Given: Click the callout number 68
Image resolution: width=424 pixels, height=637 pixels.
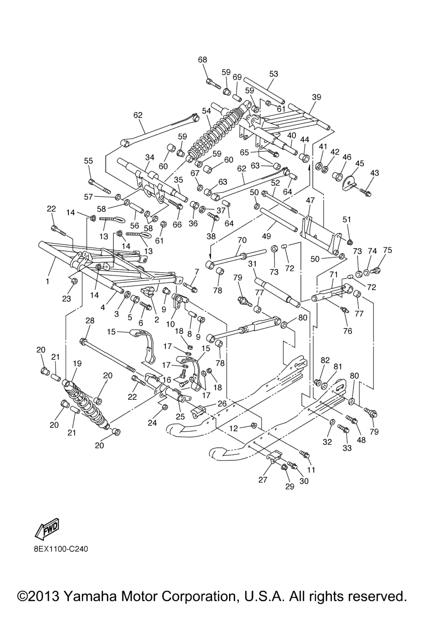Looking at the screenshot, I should (x=202, y=60).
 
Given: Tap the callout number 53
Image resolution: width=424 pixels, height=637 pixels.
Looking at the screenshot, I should (x=274, y=74).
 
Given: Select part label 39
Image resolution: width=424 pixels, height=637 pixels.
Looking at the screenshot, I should (x=316, y=97).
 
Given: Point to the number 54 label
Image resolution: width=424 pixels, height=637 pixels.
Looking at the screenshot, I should (x=207, y=111).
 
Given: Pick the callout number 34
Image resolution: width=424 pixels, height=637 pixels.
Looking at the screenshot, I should (x=149, y=157).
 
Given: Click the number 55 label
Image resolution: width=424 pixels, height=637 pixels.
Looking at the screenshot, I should (x=89, y=161).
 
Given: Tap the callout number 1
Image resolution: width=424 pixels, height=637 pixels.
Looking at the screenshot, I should (x=48, y=281).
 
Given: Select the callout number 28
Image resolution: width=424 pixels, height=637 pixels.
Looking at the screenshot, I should (x=90, y=321).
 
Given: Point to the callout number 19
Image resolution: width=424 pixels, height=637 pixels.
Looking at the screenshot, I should (x=77, y=363).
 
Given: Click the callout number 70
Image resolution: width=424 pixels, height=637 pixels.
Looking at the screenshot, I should (x=242, y=240).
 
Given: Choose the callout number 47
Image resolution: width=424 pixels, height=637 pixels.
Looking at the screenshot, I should (x=310, y=200).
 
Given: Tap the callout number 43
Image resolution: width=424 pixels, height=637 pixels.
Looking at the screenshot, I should (x=374, y=173).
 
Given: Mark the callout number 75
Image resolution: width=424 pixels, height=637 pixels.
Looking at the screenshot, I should (x=387, y=250).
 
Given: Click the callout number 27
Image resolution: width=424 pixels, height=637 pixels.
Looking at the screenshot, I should (x=263, y=480).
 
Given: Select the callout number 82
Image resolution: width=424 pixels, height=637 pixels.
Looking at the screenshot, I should (x=325, y=360).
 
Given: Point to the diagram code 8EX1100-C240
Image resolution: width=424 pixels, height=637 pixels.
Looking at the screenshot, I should (x=61, y=549).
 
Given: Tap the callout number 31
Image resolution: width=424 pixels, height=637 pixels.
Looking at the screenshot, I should (x=253, y=264).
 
